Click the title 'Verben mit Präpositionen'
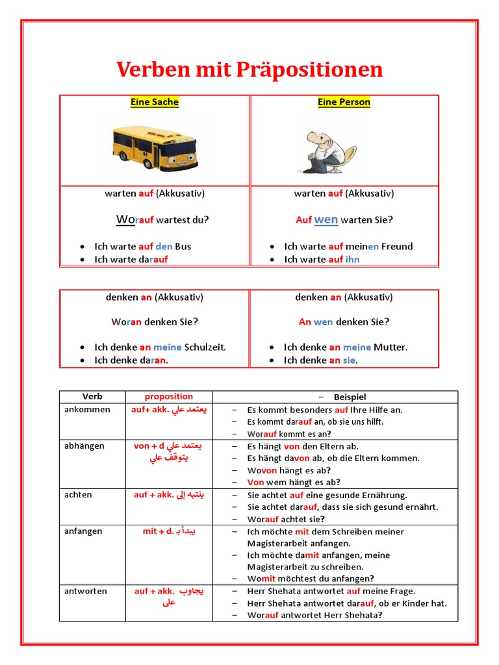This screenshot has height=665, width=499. [x=249, y=70]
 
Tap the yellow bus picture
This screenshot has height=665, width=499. [x=155, y=147]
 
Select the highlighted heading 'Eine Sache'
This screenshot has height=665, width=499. [x=155, y=102]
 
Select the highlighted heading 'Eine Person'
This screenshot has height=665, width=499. [x=344, y=102]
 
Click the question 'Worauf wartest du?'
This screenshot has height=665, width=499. [x=162, y=220]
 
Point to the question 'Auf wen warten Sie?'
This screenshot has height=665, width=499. [x=344, y=220]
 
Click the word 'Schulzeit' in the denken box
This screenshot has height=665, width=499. [x=205, y=347]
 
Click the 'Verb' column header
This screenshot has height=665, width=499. [x=92, y=396]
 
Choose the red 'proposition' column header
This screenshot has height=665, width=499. [x=168, y=396]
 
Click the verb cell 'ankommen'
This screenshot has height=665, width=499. [x=87, y=410]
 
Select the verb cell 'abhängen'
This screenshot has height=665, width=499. [x=84, y=446]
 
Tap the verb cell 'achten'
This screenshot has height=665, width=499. [x=78, y=495]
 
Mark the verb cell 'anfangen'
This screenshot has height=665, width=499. [x=83, y=531]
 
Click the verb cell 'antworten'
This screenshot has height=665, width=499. [x=86, y=591]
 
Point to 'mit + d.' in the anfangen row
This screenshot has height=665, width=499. [x=158, y=531]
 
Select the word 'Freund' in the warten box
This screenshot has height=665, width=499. [x=397, y=246]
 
